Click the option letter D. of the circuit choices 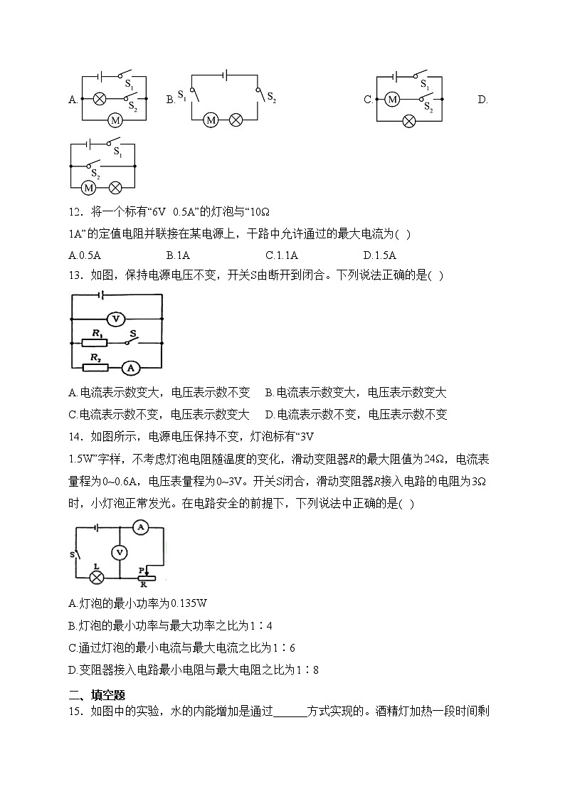(482, 100)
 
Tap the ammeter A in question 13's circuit (129, 367)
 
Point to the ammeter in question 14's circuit (140, 527)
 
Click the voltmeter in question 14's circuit (120, 552)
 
